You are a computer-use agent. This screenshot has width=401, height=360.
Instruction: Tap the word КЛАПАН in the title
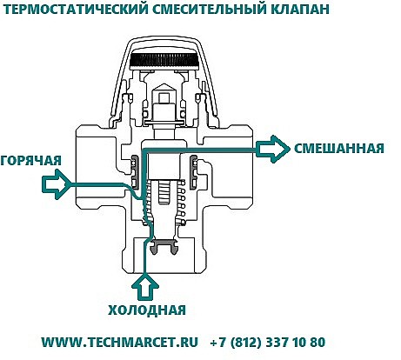pos(300,9)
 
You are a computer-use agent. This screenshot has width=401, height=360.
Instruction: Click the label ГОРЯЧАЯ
pos(31,160)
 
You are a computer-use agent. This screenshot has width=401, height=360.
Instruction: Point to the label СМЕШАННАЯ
pos(339,149)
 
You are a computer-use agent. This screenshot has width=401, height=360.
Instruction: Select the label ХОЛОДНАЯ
pos(147,310)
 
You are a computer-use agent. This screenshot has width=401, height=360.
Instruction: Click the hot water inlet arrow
pos(57,184)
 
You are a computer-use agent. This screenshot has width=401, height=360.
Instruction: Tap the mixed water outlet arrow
pos(273,149)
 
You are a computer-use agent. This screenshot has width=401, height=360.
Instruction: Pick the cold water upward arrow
pos(145,288)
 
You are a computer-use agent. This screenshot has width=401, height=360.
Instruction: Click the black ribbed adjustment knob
pos(164,59)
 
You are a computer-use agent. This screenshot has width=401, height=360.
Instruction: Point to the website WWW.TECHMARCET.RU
pos(120,342)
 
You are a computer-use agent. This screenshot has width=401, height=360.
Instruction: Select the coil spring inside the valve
pos(164,203)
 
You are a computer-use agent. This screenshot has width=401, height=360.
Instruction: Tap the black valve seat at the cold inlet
pos(164,247)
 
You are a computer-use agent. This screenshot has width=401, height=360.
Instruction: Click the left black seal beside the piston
pos(136,171)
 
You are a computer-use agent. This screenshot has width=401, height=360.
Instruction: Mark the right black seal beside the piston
pos(193,172)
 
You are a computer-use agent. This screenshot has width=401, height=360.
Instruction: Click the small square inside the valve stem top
pos(164,98)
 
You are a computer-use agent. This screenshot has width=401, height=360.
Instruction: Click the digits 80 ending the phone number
pos(317,342)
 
